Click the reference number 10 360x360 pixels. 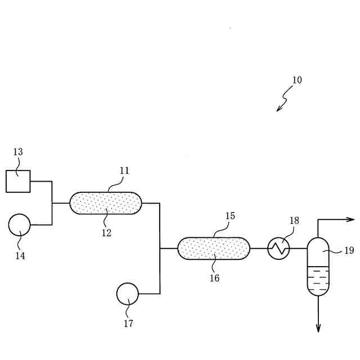click(x=296, y=80)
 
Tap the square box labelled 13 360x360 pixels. click(x=18, y=181)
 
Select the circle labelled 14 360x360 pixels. click(x=20, y=224)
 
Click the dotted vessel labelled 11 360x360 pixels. click(x=106, y=203)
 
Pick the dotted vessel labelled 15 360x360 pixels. click(x=214, y=248)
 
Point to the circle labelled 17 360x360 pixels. click(x=128, y=294)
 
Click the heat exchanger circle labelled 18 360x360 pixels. click(x=278, y=248)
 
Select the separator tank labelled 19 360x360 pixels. click(x=318, y=267)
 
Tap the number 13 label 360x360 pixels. click(x=18, y=152)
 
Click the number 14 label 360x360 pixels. click(x=20, y=256)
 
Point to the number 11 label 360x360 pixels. click(x=124, y=170)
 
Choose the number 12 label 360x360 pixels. click(x=106, y=233)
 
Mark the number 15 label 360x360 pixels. click(x=230, y=216)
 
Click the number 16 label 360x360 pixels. click(x=214, y=278)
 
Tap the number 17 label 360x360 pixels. click(x=128, y=323)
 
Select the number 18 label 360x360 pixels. click(x=295, y=220)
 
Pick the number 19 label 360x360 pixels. click(x=349, y=251)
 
